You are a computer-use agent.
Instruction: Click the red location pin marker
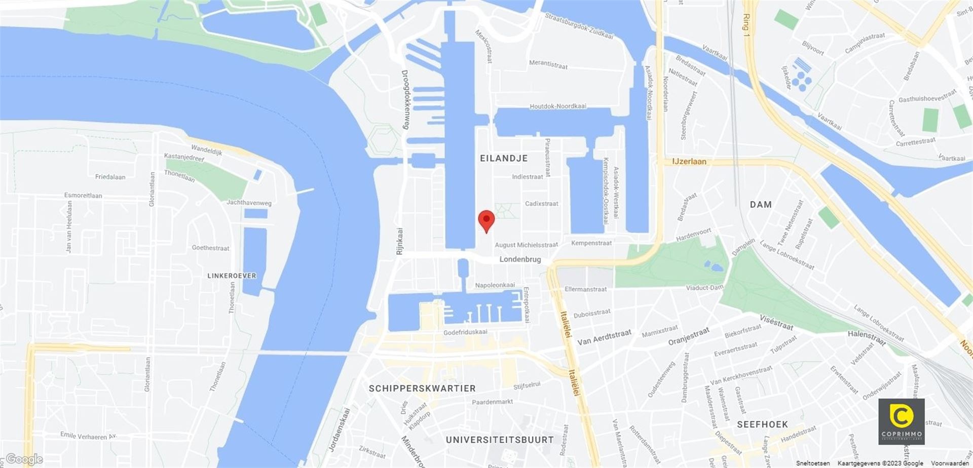pyautogui.click(x=486, y=220)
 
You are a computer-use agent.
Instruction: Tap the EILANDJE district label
pyautogui.click(x=504, y=159)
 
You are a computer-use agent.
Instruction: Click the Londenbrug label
pyautogui.click(x=520, y=259)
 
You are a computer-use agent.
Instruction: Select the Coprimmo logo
pyautogui.click(x=901, y=421)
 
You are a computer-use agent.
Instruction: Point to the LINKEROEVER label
pyautogui.click(x=232, y=276)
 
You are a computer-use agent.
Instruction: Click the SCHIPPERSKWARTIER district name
pyautogui.click(x=422, y=388)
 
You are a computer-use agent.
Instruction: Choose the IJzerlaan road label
pyautogui.click(x=689, y=162)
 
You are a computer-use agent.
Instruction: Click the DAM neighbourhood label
pyautogui.click(x=761, y=205)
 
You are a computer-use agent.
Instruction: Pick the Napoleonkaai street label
pyautogui.click(x=495, y=285)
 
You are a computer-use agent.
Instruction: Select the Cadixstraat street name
pyautogui.click(x=541, y=204)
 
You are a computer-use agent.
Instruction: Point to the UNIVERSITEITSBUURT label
pyautogui.click(x=500, y=440)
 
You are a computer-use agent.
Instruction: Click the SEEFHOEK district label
pyautogui.click(x=762, y=424)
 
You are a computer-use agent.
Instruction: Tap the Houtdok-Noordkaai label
pyautogui.click(x=557, y=106)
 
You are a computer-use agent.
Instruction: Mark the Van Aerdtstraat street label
pyautogui.click(x=604, y=337)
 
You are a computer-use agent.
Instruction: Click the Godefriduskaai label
pyautogui.click(x=465, y=332)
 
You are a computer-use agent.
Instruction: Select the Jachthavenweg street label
pyautogui.click(x=249, y=203)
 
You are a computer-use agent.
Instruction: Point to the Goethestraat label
pyautogui.click(x=210, y=248)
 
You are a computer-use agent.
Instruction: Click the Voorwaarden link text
pyautogui.click(x=951, y=463)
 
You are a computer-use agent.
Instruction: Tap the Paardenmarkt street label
pyautogui.click(x=492, y=402)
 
